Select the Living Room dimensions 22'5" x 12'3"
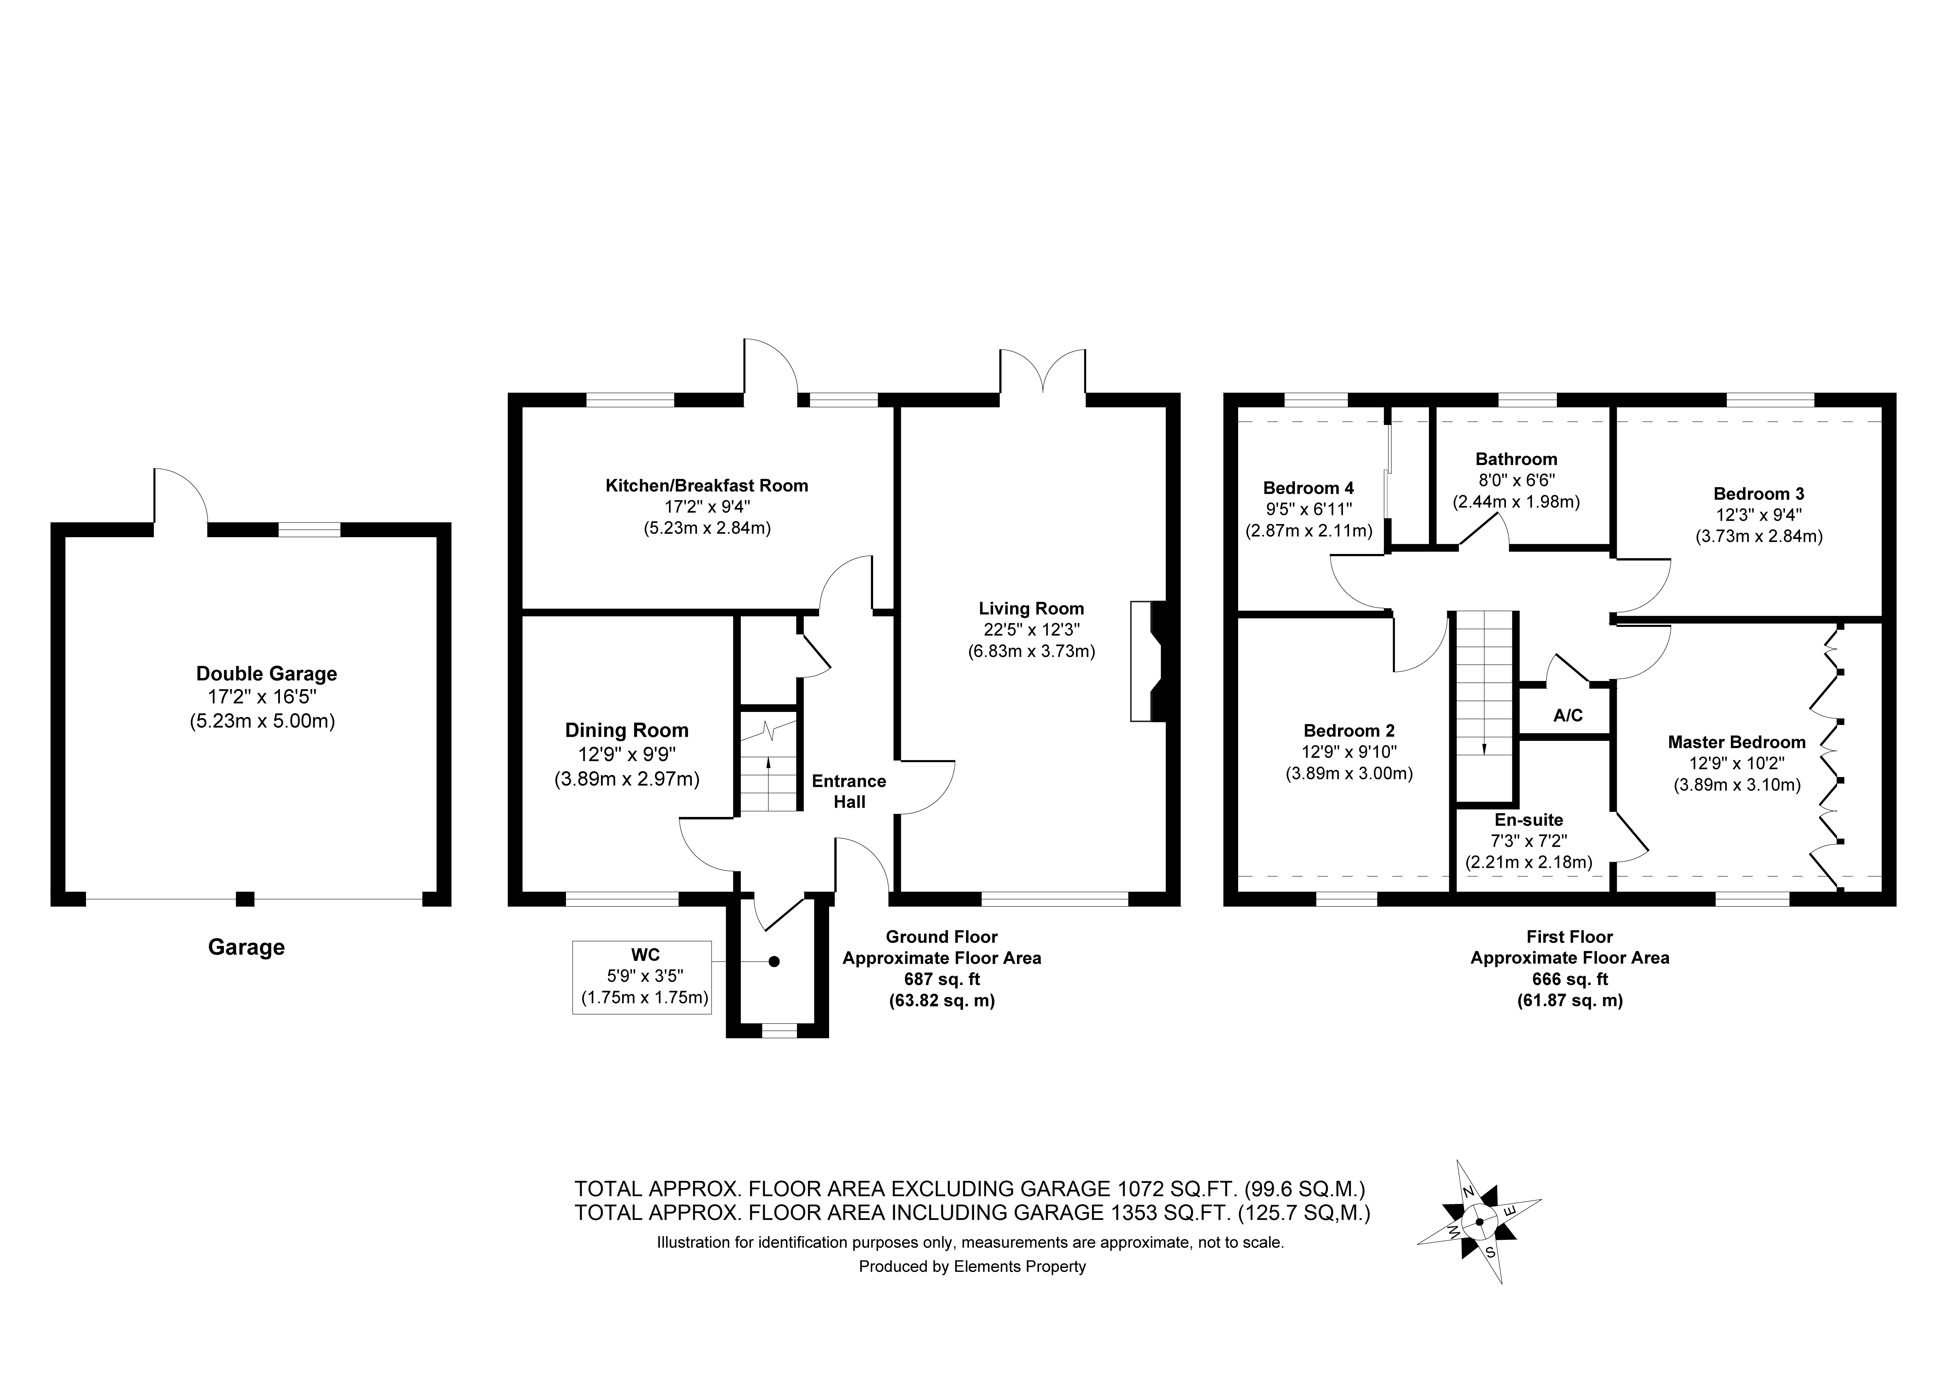[1031, 630]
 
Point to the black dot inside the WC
[774, 962]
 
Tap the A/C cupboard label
[1568, 716]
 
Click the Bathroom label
[1516, 459]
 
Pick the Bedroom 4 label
[1308, 488]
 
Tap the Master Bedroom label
[1736, 742]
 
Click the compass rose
[1479, 1223]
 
